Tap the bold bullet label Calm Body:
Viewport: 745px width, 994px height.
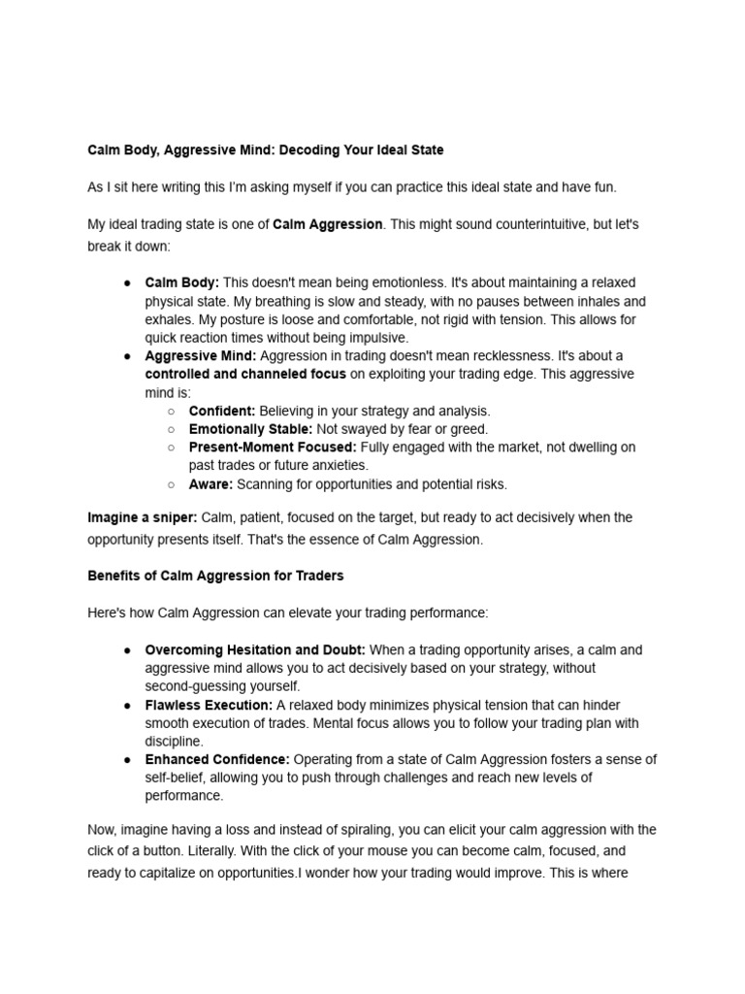click(182, 282)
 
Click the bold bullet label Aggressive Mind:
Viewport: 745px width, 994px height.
click(201, 356)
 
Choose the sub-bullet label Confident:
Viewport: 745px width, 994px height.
click(222, 411)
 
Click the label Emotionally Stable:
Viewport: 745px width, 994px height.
click(250, 429)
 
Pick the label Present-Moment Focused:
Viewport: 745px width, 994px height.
click(273, 447)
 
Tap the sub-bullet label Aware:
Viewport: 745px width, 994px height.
click(211, 484)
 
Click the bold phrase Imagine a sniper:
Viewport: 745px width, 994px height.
click(143, 518)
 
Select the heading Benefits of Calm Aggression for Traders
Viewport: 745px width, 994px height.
click(215, 576)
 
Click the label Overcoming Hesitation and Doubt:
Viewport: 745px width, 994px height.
click(255, 650)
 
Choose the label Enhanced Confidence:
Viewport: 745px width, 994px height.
click(217, 760)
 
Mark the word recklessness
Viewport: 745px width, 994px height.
click(554, 356)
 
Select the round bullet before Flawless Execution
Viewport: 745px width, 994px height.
click(127, 706)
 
